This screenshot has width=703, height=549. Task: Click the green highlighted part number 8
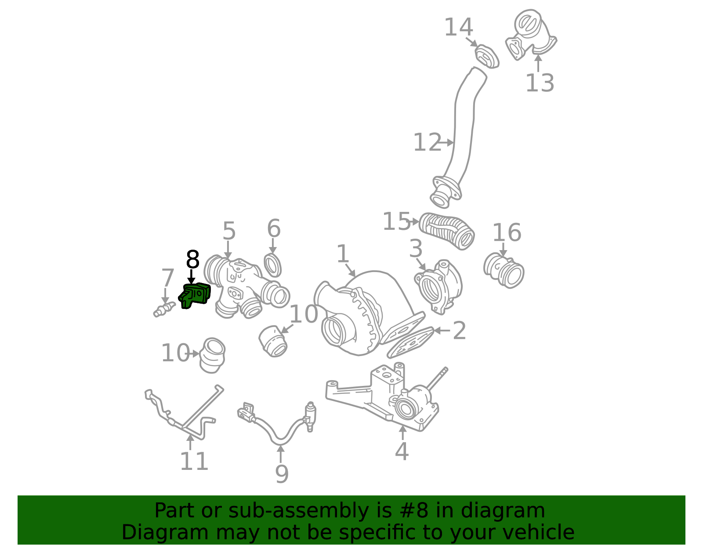tap(195, 296)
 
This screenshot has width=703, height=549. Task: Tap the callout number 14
tap(459, 27)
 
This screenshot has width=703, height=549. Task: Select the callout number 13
tap(540, 83)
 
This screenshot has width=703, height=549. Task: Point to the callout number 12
tap(427, 142)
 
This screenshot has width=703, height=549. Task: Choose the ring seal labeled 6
tap(273, 265)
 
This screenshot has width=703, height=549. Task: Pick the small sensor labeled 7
tap(164, 309)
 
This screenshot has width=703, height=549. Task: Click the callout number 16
tap(507, 233)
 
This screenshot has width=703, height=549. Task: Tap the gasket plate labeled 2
tap(410, 343)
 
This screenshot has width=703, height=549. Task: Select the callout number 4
tap(402, 451)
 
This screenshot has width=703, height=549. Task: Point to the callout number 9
tap(282, 474)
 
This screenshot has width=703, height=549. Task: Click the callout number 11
tap(194, 462)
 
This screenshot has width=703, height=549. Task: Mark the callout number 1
tap(343, 254)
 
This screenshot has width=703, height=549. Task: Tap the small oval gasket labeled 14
tap(487, 57)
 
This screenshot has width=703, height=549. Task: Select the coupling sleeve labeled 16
tap(504, 270)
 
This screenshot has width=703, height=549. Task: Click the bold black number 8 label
tap(192, 259)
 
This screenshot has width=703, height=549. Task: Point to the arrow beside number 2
tap(442, 331)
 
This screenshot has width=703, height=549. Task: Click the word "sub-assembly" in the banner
tap(298, 511)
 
